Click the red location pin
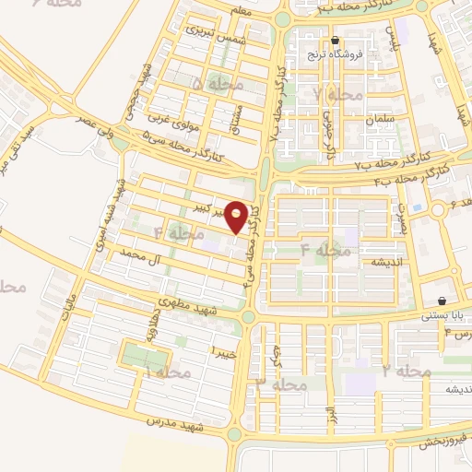pos(237,217)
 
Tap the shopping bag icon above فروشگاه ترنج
pos(335,41)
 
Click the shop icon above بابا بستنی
pos(443,301)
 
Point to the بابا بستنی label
pos(443,314)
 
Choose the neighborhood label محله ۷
pos(331,94)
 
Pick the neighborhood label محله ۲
pos(407,371)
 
